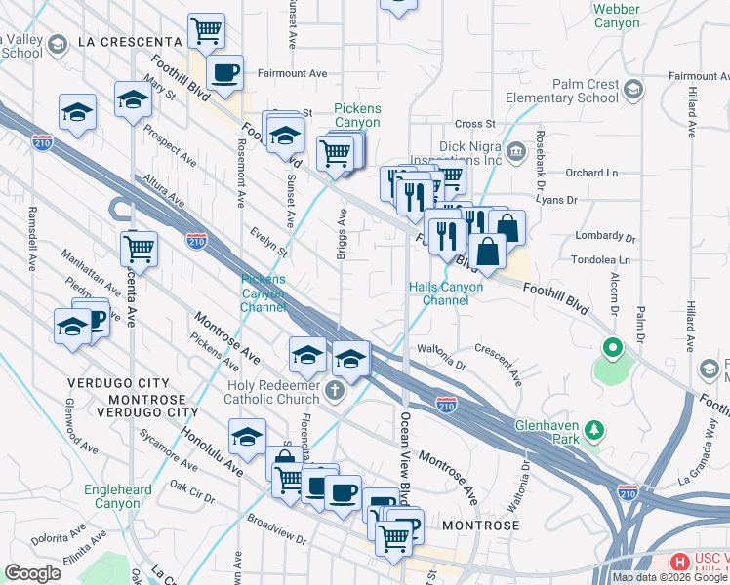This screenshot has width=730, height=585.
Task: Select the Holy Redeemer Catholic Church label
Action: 271,391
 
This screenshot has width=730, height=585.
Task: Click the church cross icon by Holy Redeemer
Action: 335,392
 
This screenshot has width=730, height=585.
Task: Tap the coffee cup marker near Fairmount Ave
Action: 225,72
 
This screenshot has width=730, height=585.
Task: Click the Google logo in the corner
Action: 32,573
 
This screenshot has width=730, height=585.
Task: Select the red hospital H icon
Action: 677,563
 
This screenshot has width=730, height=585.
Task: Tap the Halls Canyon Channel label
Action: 445,293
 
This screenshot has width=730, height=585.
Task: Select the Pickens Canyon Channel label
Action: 264,293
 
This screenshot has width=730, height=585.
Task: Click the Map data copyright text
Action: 670,577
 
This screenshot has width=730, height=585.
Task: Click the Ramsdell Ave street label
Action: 33,239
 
